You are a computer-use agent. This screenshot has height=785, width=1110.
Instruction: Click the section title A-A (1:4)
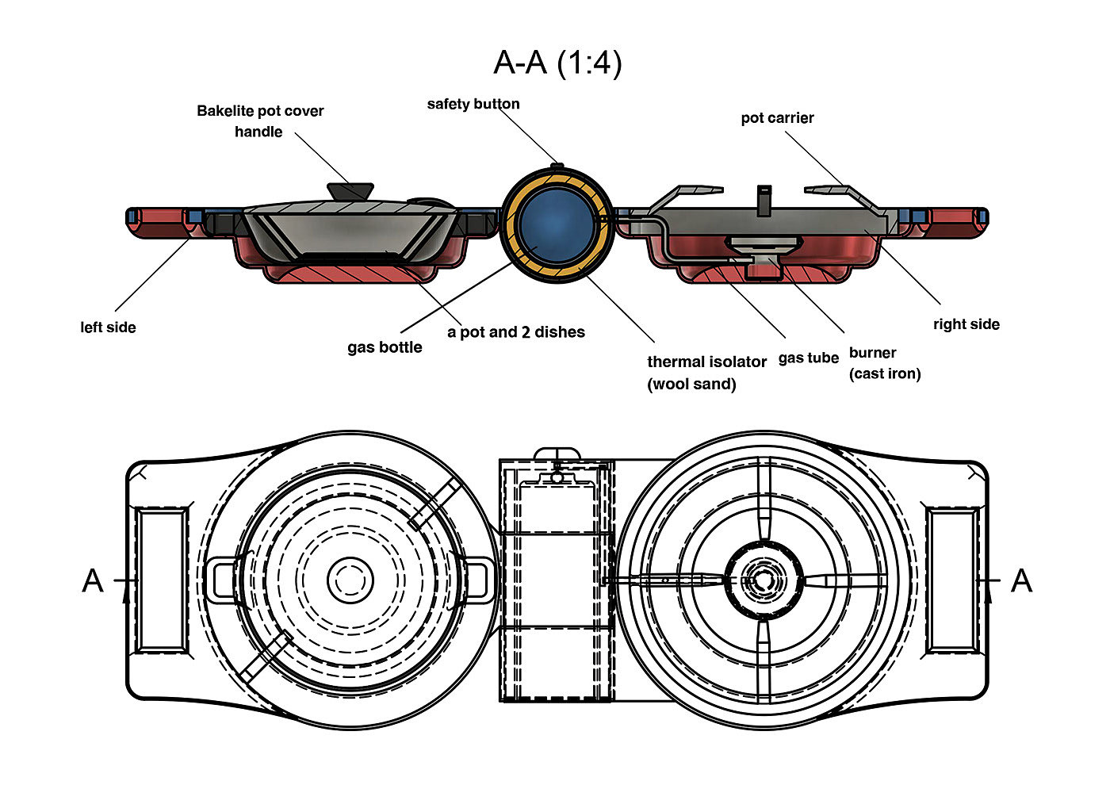pyautogui.click(x=557, y=62)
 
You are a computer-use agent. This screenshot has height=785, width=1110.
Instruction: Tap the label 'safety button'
pyautogui.click(x=473, y=104)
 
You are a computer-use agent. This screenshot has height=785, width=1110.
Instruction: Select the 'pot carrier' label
pyautogui.click(x=777, y=118)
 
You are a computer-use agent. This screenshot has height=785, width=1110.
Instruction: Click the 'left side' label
pyautogui.click(x=108, y=327)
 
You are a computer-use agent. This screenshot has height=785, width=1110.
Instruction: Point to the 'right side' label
pyautogui.click(x=966, y=324)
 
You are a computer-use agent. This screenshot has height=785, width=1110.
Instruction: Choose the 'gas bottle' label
pyautogui.click(x=385, y=347)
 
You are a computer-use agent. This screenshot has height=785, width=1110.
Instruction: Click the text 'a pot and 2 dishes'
pyautogui.click(x=515, y=332)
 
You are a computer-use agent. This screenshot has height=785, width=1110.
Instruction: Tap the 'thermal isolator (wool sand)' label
pyautogui.click(x=706, y=373)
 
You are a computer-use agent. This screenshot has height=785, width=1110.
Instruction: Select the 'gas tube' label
pyautogui.click(x=808, y=358)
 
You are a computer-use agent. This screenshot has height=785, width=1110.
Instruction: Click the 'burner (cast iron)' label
pyautogui.click(x=884, y=363)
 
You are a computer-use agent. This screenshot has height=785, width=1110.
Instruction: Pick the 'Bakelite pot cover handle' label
pyautogui.click(x=260, y=121)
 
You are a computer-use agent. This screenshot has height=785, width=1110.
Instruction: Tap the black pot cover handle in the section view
pyautogui.click(x=350, y=191)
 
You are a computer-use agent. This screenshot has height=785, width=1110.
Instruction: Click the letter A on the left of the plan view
pyautogui.click(x=93, y=581)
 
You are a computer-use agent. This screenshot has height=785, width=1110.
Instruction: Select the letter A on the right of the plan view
pyautogui.click(x=1021, y=581)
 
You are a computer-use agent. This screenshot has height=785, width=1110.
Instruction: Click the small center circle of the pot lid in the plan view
pyautogui.click(x=350, y=580)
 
